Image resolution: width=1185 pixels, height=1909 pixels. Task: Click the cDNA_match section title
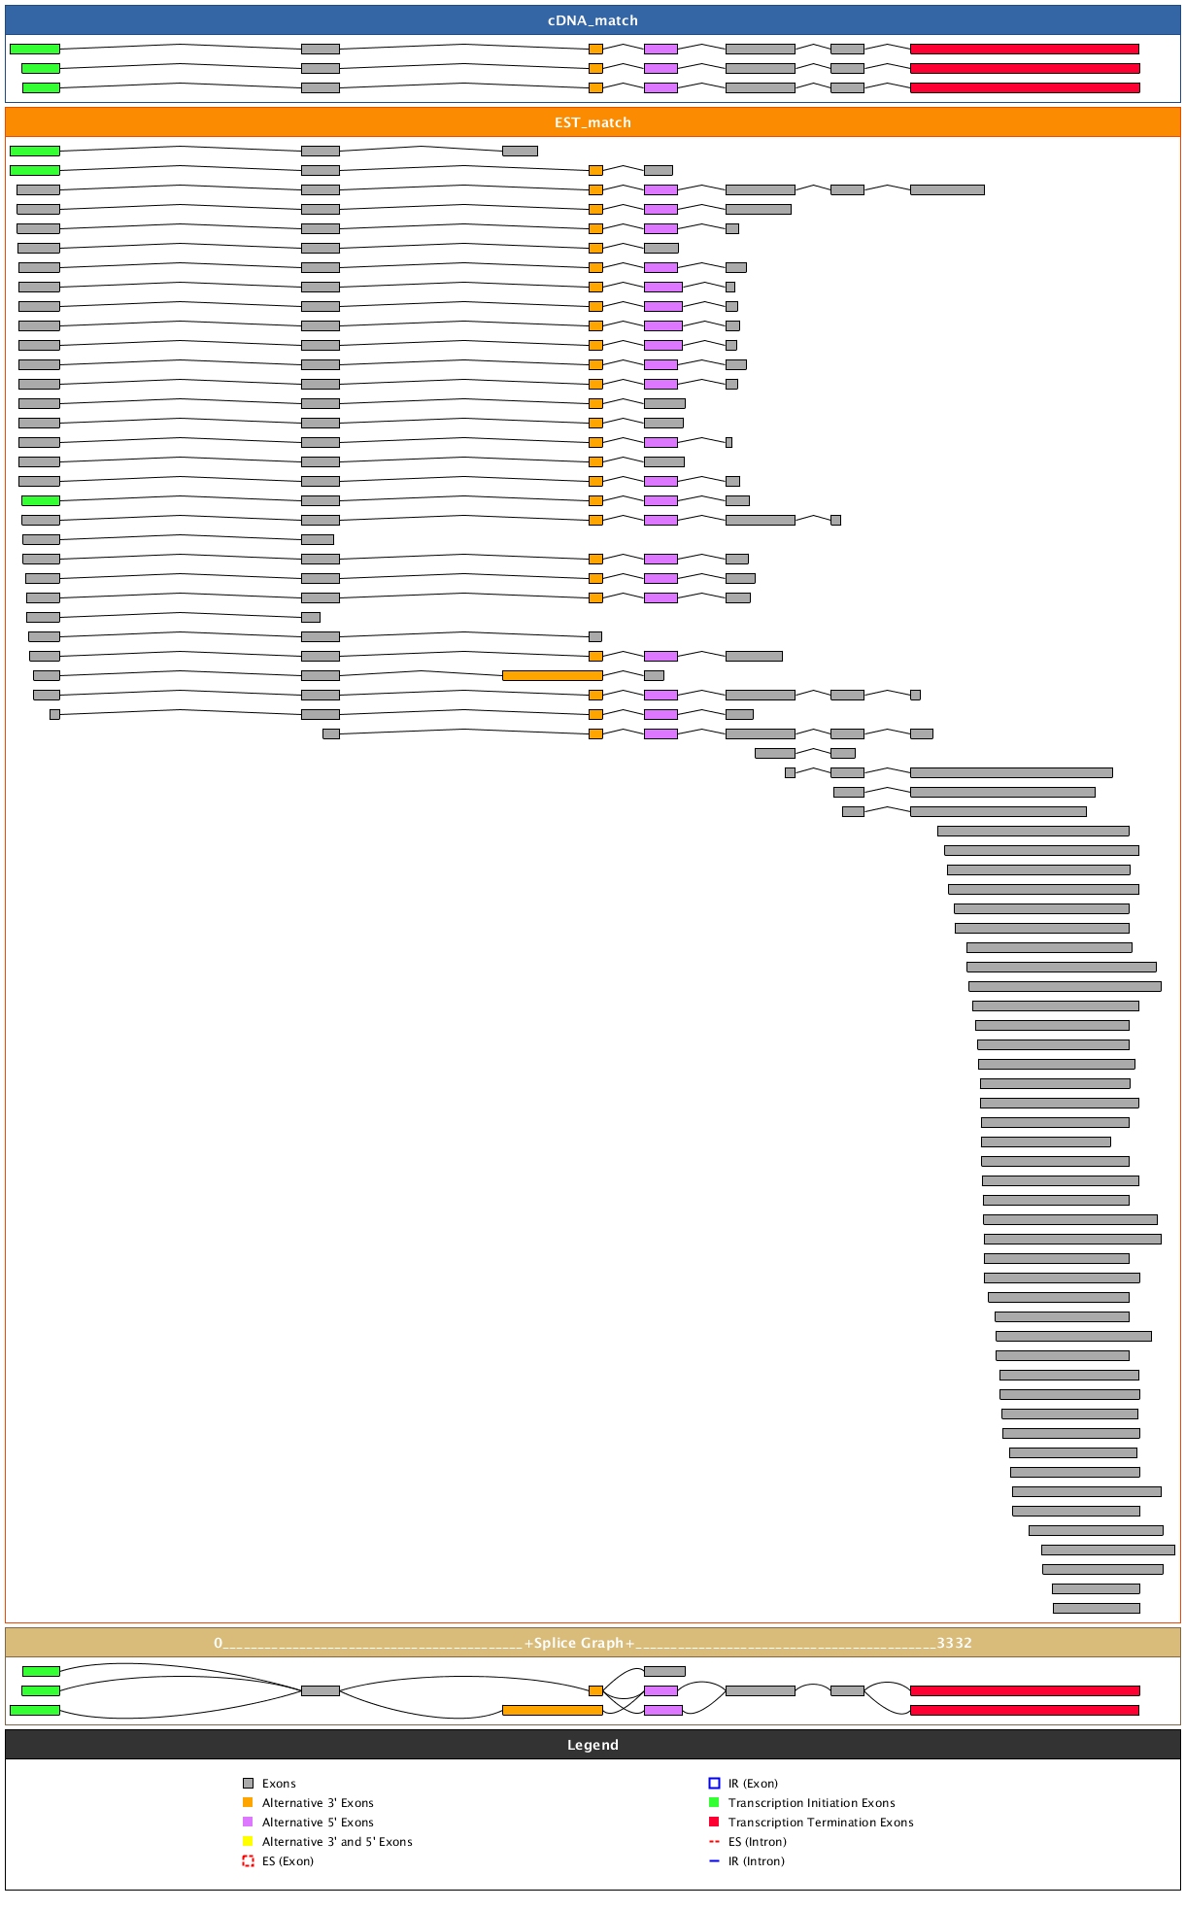(x=592, y=20)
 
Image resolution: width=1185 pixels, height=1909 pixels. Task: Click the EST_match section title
(x=592, y=122)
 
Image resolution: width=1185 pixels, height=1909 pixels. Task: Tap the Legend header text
(x=592, y=1745)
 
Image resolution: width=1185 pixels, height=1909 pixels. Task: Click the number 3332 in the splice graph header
(x=954, y=1643)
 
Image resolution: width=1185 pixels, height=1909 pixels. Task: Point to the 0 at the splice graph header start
(x=219, y=1643)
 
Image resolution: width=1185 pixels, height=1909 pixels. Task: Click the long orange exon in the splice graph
(x=552, y=1710)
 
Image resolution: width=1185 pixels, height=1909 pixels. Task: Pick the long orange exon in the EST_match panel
(x=552, y=675)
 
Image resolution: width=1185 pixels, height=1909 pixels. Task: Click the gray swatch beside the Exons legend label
(x=248, y=1784)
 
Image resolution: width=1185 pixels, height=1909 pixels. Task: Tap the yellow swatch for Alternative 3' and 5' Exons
(x=248, y=1842)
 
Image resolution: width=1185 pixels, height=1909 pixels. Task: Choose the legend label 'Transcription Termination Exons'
(x=821, y=1823)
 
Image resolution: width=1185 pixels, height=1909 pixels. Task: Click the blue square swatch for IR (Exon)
(x=714, y=1784)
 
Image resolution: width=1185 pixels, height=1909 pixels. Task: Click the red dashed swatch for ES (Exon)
(x=248, y=1861)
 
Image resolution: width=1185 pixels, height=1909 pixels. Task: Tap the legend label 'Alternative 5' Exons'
(x=318, y=1823)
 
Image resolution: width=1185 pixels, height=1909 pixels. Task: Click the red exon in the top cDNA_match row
(x=1024, y=49)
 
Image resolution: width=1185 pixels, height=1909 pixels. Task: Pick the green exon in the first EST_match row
(x=35, y=151)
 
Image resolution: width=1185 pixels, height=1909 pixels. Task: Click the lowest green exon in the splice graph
(x=35, y=1710)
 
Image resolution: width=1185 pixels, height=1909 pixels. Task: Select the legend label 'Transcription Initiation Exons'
(x=812, y=1803)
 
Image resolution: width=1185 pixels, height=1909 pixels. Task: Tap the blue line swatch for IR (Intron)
(x=714, y=1861)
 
